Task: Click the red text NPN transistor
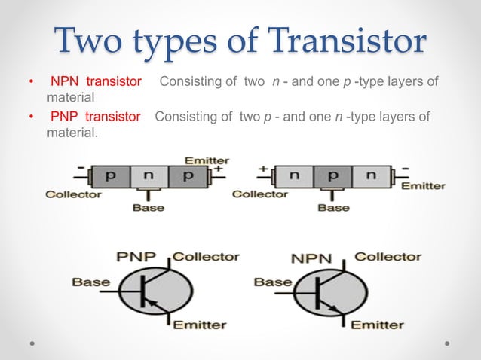tap(97, 81)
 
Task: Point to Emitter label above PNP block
tap(208, 160)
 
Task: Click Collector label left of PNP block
tap(73, 194)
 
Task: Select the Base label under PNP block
tap(149, 207)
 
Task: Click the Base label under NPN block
tap(333, 207)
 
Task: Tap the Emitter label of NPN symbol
tap(377, 325)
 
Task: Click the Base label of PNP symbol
tap(90, 282)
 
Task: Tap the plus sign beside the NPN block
tap(265, 169)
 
